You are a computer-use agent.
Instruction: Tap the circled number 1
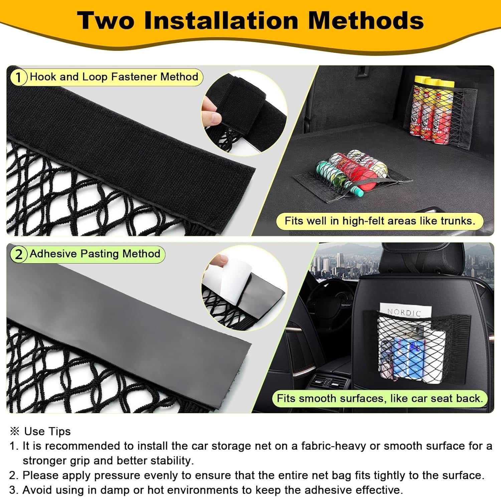18,77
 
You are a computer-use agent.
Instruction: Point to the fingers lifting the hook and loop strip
211,110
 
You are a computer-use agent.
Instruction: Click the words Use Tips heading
47,431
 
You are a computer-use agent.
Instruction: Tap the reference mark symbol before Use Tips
15,431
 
